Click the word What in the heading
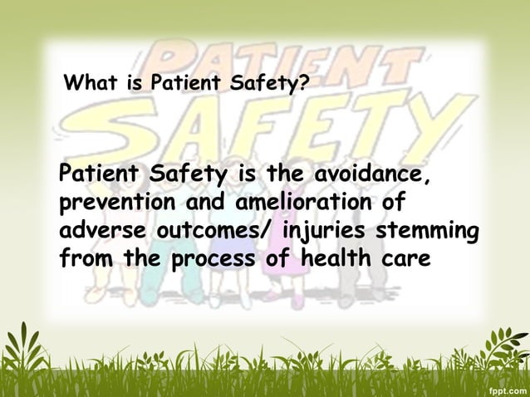tap(88, 84)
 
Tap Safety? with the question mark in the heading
tap(278, 84)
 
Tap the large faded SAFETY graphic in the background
tap(282, 133)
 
